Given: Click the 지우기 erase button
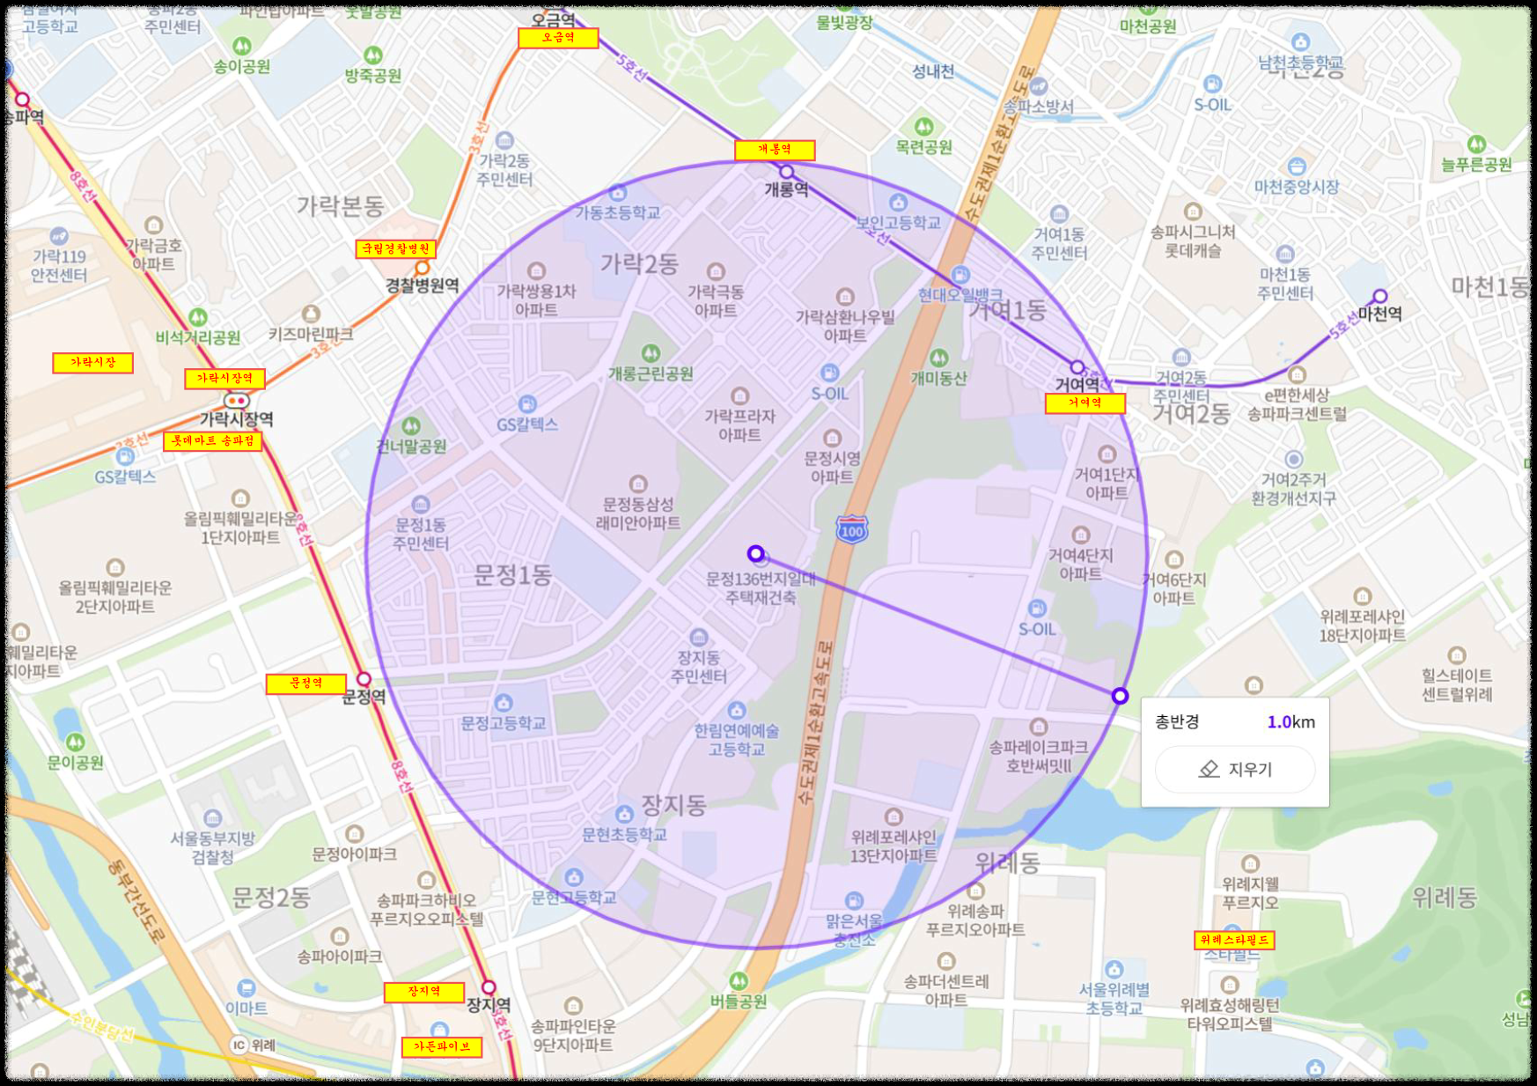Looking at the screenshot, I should (x=1235, y=769).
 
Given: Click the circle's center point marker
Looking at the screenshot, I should (x=755, y=553).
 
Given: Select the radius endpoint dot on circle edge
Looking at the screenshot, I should (x=1120, y=696).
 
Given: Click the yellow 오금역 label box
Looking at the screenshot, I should (x=558, y=38).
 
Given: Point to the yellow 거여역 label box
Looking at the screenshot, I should (x=1085, y=403).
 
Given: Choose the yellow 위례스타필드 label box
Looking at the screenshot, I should (x=1234, y=940).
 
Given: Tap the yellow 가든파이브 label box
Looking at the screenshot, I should (x=442, y=1047).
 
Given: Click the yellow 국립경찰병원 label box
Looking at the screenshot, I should (x=395, y=249).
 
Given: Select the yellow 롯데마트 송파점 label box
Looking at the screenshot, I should (x=212, y=440).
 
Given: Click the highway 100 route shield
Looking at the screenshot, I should (x=851, y=529).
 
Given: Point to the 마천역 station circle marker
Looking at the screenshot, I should (x=1379, y=297).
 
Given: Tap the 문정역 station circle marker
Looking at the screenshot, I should (x=364, y=679).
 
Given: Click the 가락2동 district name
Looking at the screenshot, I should (x=639, y=263).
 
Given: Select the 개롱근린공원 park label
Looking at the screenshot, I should (x=651, y=373).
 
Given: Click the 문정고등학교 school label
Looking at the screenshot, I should (x=504, y=723).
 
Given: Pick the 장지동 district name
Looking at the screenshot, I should (x=673, y=804).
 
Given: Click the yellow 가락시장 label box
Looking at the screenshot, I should (x=92, y=363).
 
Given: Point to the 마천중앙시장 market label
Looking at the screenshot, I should (x=1296, y=187).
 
